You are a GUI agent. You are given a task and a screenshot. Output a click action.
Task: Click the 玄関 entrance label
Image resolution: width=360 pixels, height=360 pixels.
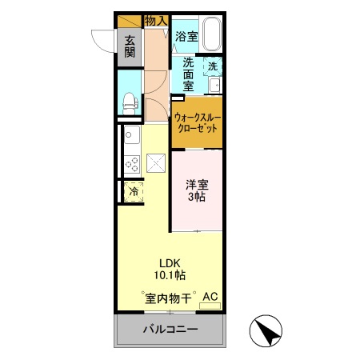tap(130, 47)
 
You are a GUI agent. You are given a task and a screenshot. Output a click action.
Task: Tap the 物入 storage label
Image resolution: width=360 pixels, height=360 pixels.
tap(156, 20)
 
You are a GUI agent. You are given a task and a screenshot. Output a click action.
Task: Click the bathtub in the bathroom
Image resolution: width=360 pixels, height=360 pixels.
tap(211, 35)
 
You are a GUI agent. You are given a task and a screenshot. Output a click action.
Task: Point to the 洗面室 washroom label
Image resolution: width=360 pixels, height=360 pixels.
tap(187, 74)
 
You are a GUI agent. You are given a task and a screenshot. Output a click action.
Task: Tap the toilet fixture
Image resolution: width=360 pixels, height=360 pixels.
tap(130, 101)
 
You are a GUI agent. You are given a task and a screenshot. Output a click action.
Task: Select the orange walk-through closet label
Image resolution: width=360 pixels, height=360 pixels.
tap(197, 122)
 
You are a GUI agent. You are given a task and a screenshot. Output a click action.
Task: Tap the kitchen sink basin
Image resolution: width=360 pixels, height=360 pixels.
tap(131, 136)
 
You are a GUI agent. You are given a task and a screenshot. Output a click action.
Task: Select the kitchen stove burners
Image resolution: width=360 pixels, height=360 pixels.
tap(131, 163)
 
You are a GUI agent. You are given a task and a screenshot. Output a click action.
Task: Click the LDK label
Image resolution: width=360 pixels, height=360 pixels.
tap(169, 262)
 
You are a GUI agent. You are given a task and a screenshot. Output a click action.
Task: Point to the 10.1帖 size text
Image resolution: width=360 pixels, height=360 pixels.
tap(170, 275)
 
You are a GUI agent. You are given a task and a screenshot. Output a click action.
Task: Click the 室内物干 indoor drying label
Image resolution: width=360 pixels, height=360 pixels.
tap(169, 299)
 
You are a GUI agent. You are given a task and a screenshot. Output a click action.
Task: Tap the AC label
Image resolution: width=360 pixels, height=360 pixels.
tap(210, 297)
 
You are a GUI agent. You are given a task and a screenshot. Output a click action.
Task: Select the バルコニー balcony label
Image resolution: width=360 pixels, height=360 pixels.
tap(170, 330)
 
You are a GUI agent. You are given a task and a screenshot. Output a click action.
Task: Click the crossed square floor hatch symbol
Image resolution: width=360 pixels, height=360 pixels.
tap(155, 163)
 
